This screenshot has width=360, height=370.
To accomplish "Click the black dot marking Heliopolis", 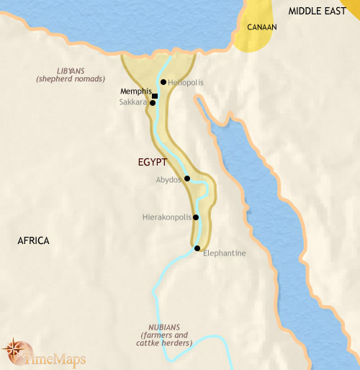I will click(163, 82).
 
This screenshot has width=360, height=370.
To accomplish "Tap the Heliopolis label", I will click(185, 83).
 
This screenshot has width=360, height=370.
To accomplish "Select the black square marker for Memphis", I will click(155, 95).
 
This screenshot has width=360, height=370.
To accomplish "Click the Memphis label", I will click(136, 92).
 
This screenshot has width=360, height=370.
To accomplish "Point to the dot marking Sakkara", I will click(153, 103).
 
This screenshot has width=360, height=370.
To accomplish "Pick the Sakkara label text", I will click(133, 103).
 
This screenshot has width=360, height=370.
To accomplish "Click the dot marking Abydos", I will click(187, 179).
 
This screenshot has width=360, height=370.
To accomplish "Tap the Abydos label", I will click(169, 180).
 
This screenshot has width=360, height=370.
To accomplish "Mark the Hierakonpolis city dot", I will click(196, 216).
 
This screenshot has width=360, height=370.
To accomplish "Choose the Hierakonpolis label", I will click(168, 216).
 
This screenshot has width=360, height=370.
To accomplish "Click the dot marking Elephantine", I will click(197, 248).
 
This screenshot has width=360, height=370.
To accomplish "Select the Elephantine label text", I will click(225, 253).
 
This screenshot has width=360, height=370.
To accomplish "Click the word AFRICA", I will click(33, 240).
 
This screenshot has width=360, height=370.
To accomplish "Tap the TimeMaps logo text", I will click(50, 353).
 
